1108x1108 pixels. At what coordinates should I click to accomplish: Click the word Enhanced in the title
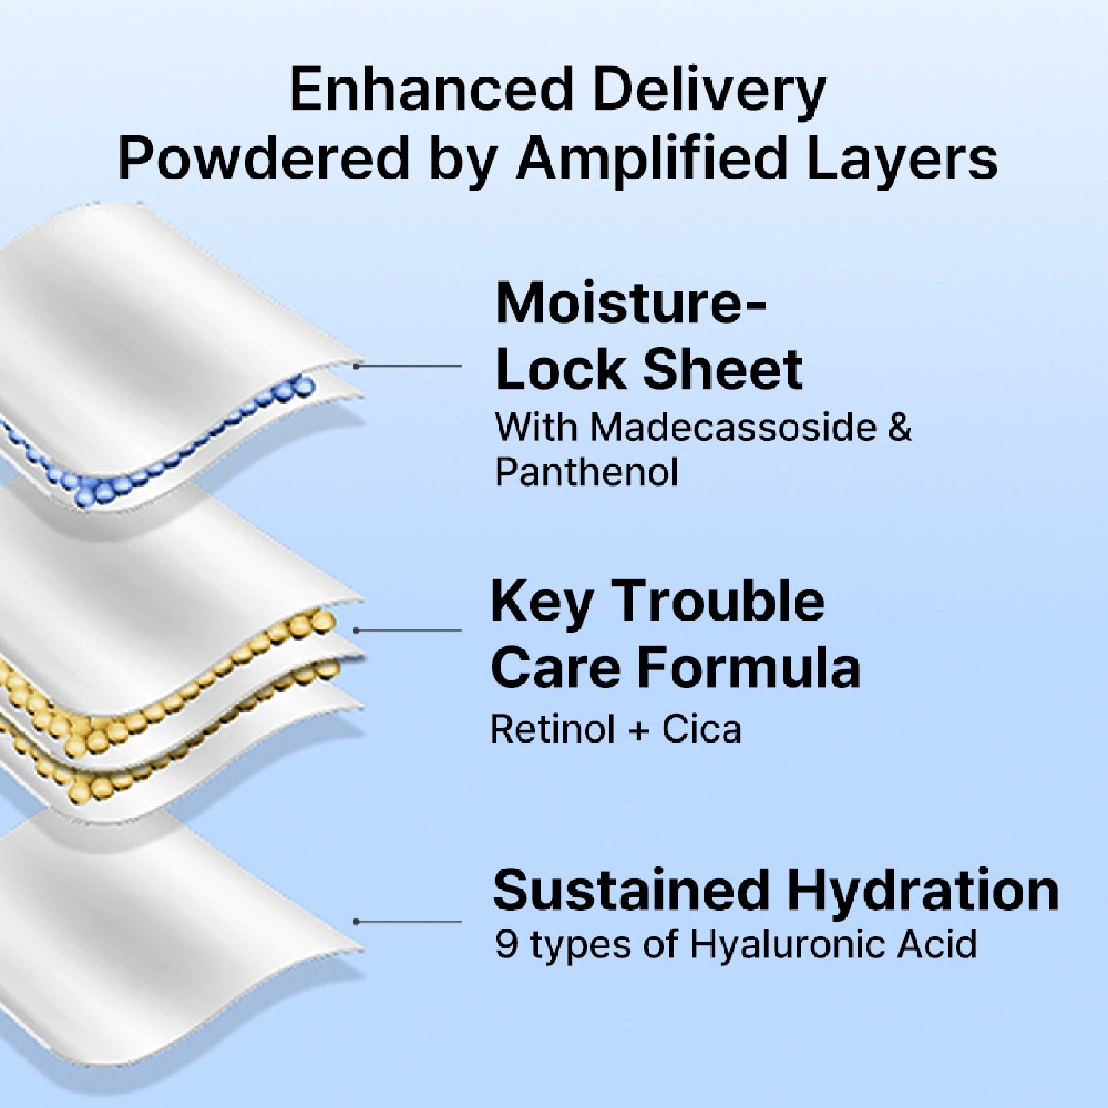[432, 89]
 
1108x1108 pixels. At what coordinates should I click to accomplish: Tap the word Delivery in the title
[709, 93]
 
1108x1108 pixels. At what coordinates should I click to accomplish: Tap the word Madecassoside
[733, 428]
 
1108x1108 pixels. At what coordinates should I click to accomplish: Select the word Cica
[702, 729]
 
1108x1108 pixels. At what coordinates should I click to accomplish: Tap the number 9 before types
[506, 944]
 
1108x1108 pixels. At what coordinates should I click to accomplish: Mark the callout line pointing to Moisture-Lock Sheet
[408, 365]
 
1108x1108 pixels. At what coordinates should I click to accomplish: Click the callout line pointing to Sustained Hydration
[408, 921]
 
